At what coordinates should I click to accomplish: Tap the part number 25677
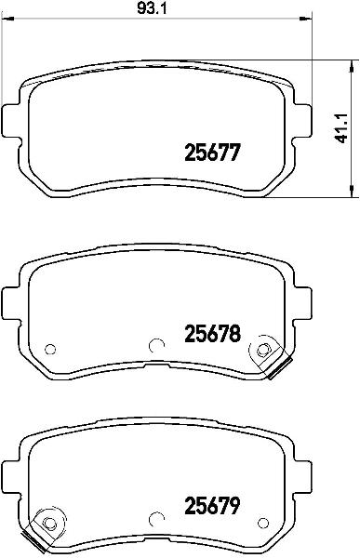(213, 153)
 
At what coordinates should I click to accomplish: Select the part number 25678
(213, 334)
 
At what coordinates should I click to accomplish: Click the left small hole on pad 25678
(50, 349)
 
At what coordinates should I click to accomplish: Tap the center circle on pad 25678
(156, 345)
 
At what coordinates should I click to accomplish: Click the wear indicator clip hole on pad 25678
(262, 350)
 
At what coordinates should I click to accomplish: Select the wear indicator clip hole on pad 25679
(49, 523)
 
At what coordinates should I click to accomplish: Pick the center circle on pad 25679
(156, 519)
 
